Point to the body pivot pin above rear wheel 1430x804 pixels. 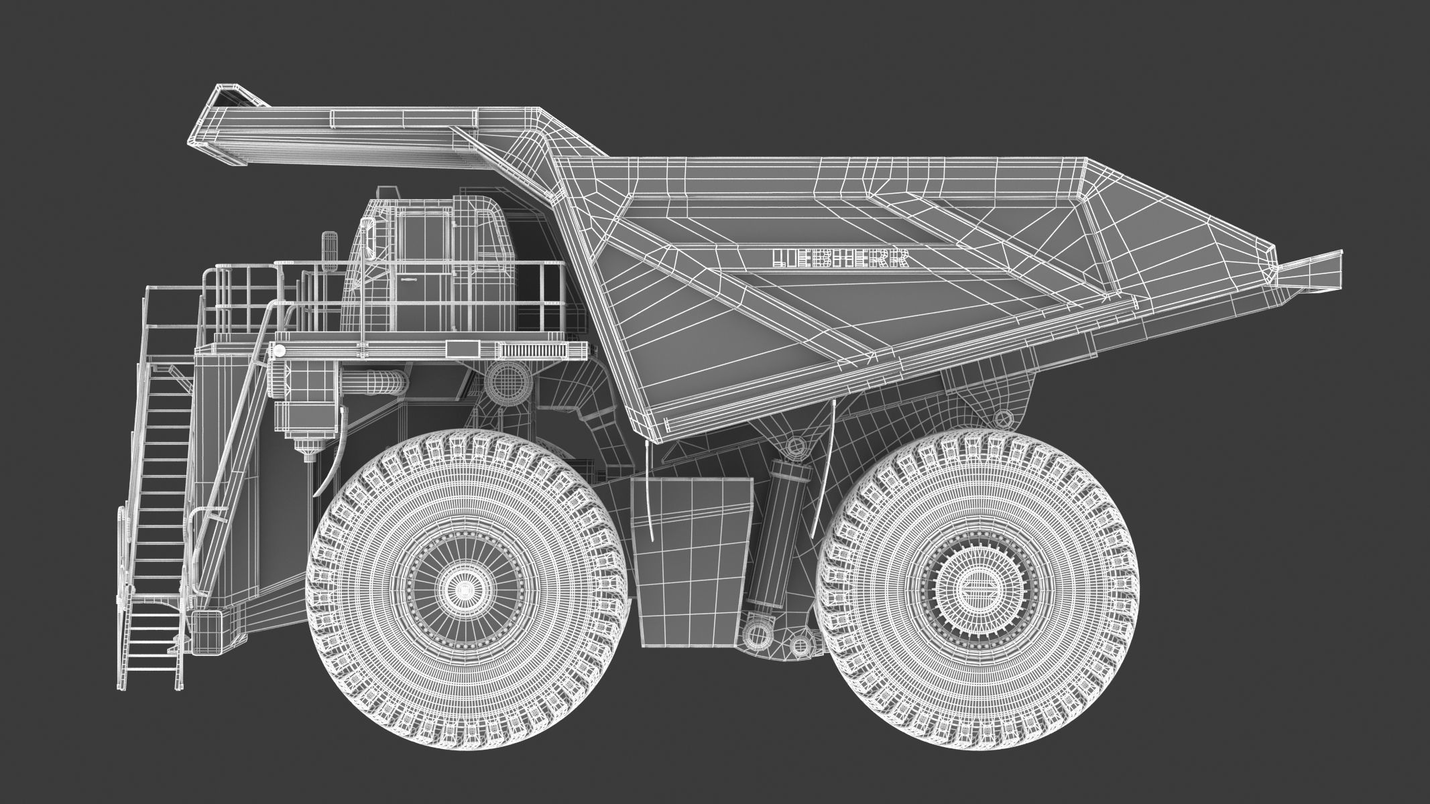[x=1003, y=419]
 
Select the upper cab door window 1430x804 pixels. [x=424, y=238]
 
